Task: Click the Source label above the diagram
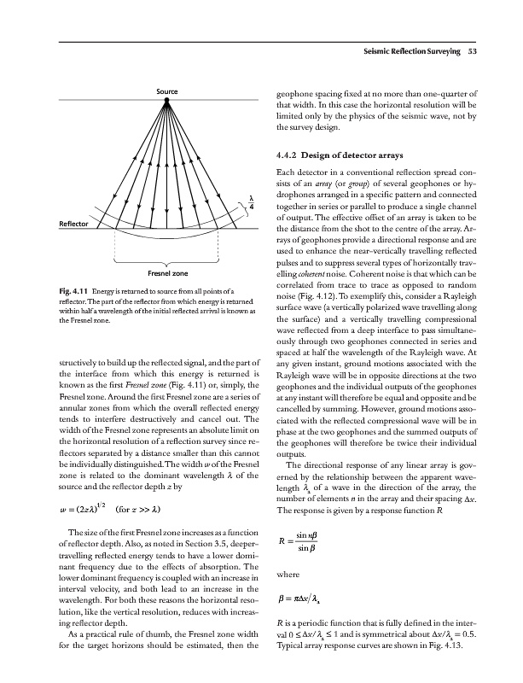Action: pyautogui.click(x=167, y=91)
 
